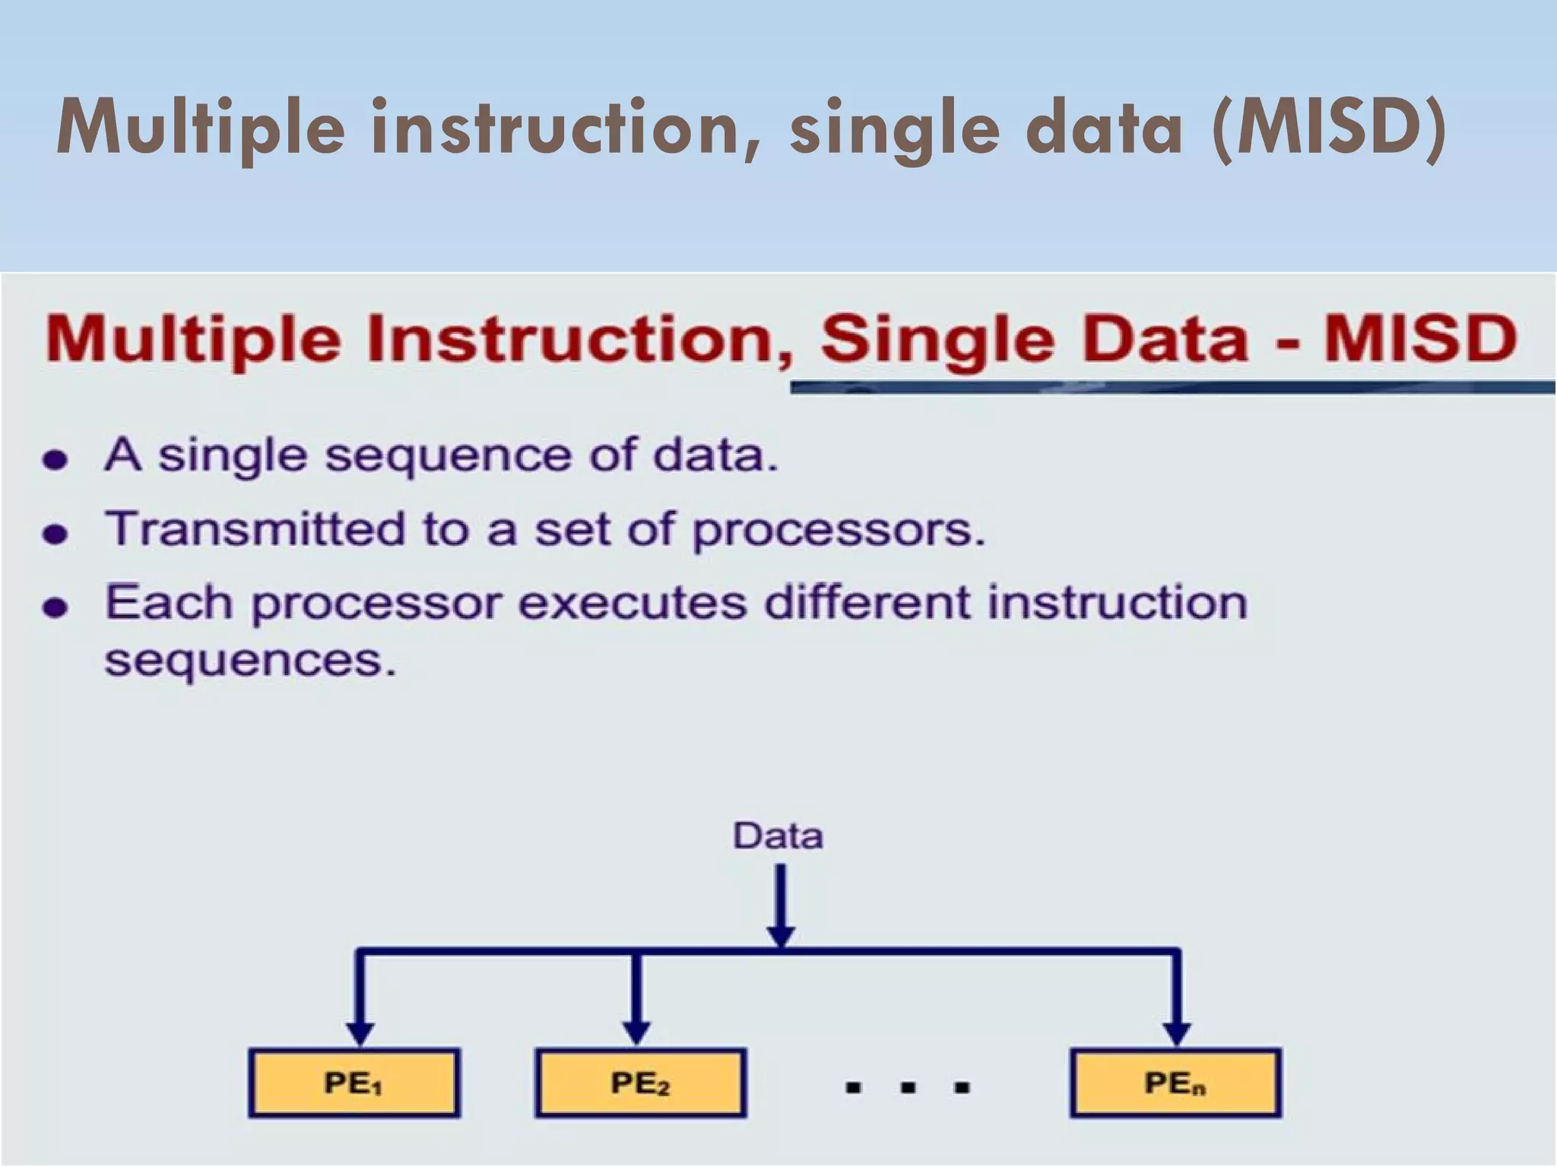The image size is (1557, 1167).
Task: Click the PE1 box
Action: click(x=354, y=1083)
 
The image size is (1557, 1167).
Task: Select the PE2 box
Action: click(x=640, y=1083)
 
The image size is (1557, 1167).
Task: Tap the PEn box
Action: click(x=1175, y=1083)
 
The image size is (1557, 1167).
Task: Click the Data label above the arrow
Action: click(x=778, y=836)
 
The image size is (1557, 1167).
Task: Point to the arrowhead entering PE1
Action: click(x=360, y=1033)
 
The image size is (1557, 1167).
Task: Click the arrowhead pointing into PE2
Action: click(x=636, y=1033)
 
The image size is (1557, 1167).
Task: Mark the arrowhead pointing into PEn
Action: click(x=1177, y=1033)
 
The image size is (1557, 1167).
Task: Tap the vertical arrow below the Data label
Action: click(x=781, y=905)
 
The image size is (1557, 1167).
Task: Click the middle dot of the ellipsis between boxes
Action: click(x=907, y=1088)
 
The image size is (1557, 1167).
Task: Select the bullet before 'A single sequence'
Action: click(x=55, y=460)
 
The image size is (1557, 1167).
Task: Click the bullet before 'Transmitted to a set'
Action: click(x=55, y=534)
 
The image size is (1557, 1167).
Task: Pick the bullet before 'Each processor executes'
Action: click(x=55, y=607)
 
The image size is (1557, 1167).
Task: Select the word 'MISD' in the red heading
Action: click(x=1420, y=339)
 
